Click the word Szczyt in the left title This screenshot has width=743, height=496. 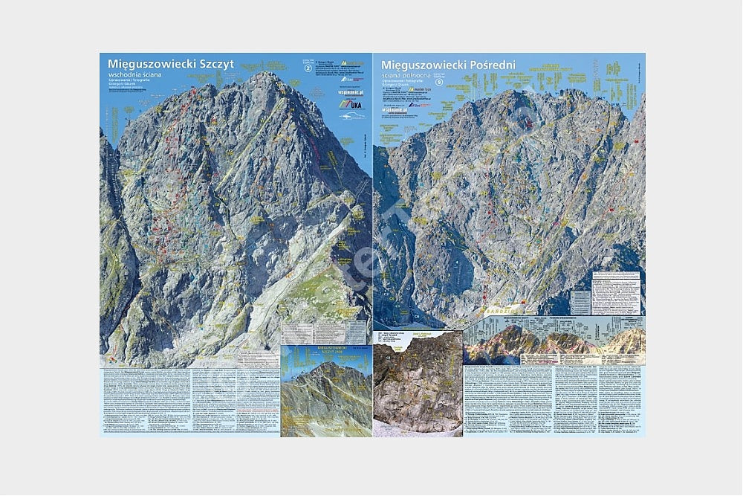coord(216,64)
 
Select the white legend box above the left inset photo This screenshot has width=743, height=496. coord(324,332)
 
